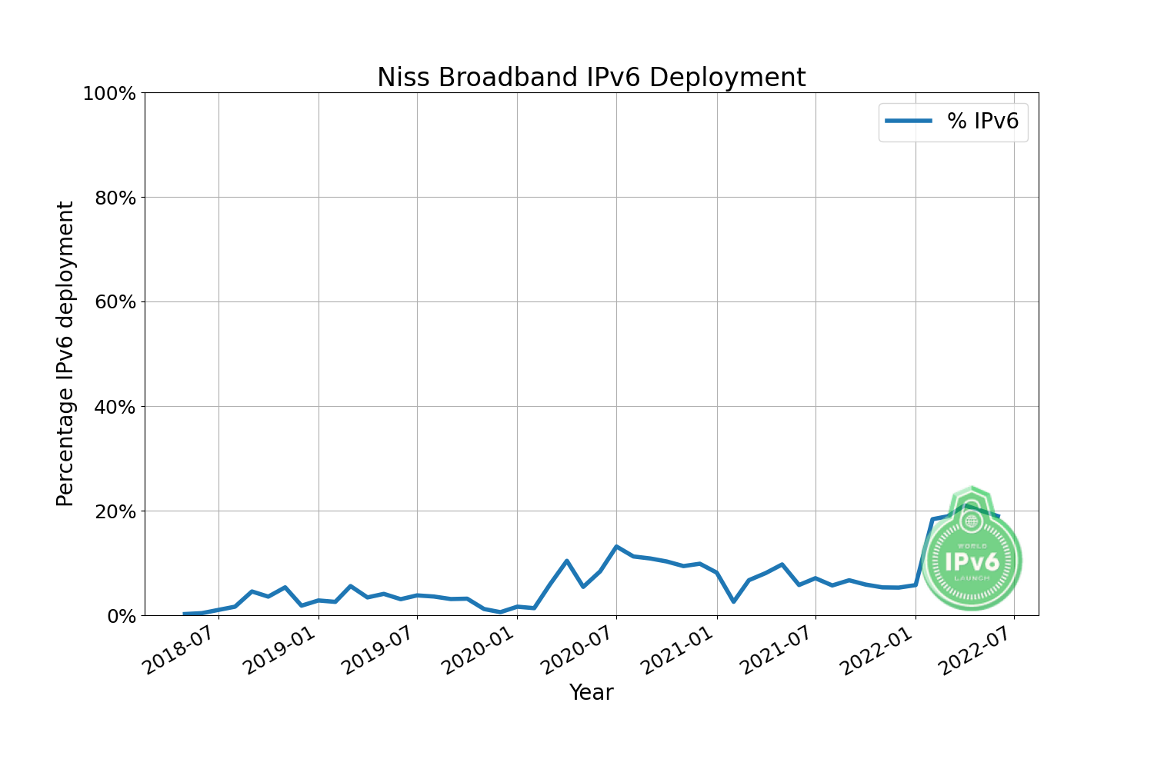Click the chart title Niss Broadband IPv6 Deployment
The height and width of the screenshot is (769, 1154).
click(591, 78)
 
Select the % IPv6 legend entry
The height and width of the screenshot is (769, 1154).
click(953, 121)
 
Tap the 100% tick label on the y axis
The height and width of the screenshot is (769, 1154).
click(109, 94)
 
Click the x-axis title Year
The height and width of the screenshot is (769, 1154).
click(591, 693)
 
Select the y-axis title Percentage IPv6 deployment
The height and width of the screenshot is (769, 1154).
click(65, 354)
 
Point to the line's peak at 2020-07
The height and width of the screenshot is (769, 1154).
click(616, 547)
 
